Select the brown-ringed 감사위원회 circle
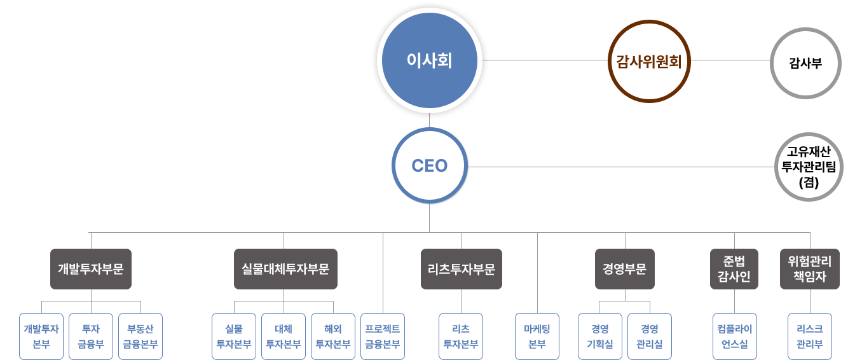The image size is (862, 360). pos(648,61)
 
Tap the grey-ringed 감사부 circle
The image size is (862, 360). pos(805,62)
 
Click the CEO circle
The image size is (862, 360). pos(429,166)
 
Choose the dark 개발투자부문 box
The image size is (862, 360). pos(91,268)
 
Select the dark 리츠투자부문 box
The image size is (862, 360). pos(462,268)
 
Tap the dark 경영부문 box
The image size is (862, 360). pos(624,268)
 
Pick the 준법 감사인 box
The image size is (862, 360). pos(734,268)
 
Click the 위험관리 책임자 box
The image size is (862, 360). pos(809,268)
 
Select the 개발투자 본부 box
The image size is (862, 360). pos(41,336)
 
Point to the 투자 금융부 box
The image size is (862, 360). pos(91,336)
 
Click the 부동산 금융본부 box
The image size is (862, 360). pos(140,336)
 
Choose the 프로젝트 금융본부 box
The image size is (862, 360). pos(383,336)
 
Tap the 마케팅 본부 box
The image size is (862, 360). pos(537,336)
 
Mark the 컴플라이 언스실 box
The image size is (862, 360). pos(734,336)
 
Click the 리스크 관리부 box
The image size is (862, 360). pos(809,336)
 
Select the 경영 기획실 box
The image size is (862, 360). pos(599,336)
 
